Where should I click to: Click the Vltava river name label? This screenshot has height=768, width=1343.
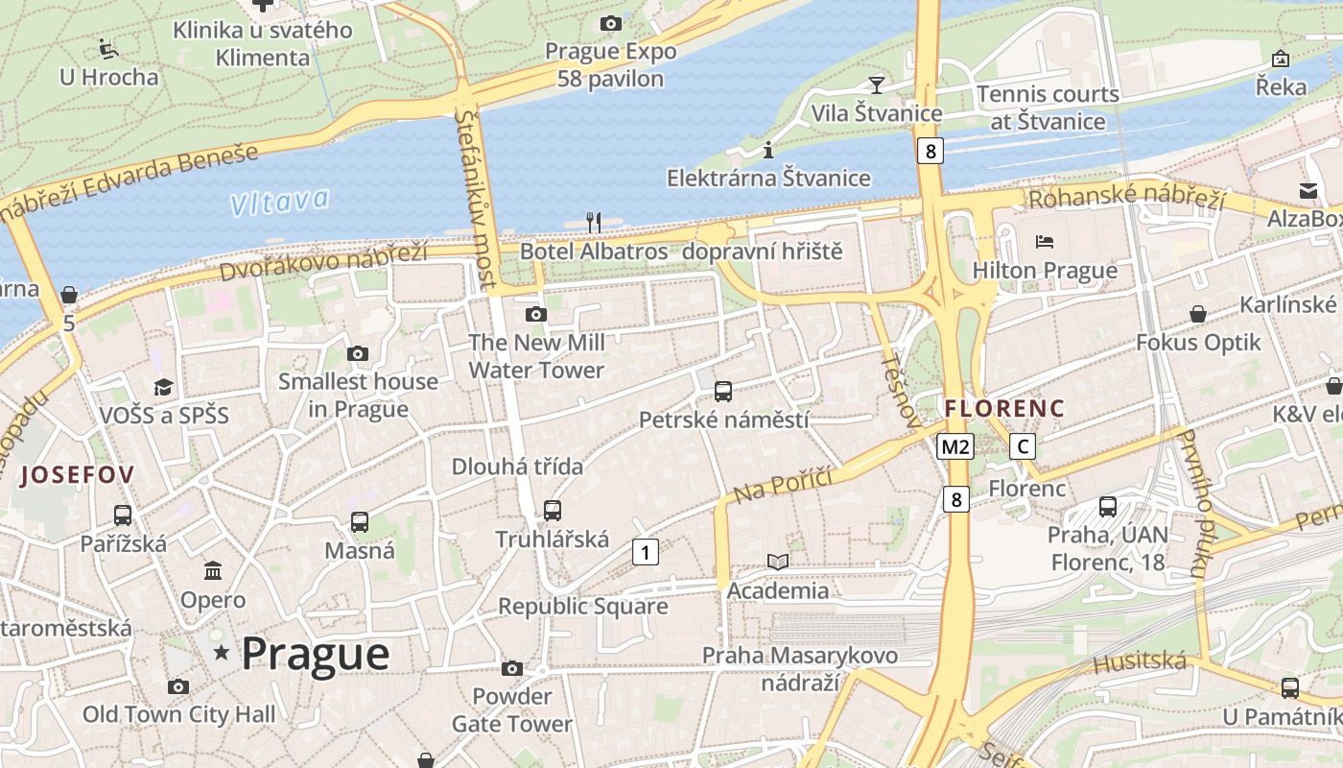click(279, 202)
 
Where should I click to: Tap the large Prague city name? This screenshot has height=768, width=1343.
click(316, 654)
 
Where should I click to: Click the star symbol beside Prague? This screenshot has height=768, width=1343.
click(223, 653)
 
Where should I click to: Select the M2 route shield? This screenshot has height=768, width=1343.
click(955, 446)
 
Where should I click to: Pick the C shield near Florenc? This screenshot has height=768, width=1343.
click(1024, 446)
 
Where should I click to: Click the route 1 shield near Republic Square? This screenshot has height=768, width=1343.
click(646, 552)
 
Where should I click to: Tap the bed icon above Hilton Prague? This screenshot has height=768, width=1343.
click(1045, 241)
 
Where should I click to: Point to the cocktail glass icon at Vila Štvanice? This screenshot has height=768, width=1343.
click(876, 84)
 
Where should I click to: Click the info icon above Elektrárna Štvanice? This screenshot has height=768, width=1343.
click(767, 150)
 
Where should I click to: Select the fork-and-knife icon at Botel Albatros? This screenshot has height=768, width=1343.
click(593, 222)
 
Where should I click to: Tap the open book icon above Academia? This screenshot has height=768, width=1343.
click(777, 562)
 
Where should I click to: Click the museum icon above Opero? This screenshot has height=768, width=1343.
click(213, 571)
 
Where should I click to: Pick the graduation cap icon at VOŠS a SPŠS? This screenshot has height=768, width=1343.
click(164, 387)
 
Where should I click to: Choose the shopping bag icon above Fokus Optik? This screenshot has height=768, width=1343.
click(1198, 314)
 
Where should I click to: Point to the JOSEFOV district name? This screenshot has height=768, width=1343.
click(77, 474)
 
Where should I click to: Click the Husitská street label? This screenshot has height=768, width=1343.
click(1140, 661)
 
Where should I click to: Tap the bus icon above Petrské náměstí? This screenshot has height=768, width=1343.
click(723, 391)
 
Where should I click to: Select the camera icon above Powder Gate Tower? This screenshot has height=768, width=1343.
click(512, 668)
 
